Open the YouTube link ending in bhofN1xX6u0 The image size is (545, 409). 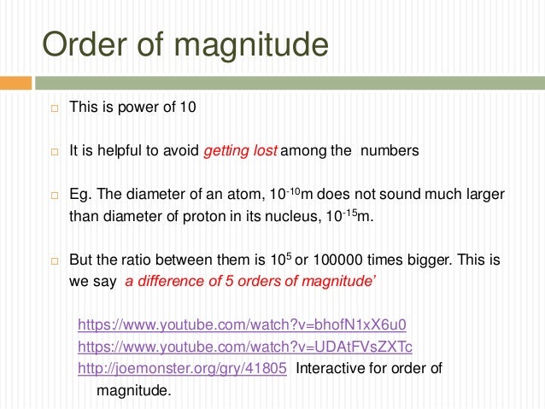click(242, 324)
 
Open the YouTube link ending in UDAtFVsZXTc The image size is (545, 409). click(244, 346)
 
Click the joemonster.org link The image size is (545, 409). click(182, 368)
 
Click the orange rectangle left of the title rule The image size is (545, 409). click(15, 83)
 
